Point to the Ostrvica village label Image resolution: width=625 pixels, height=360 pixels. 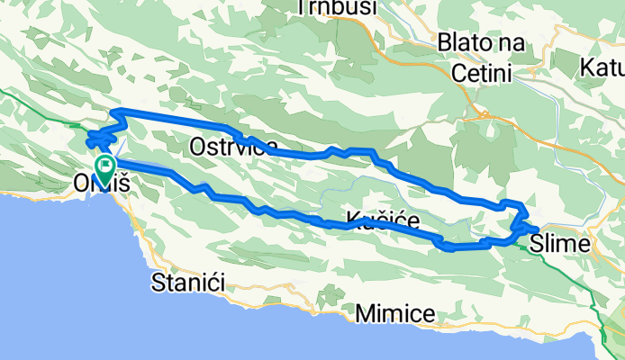point(233,147)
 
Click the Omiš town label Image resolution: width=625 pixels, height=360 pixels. point(101,184)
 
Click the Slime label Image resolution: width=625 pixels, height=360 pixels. point(559,243)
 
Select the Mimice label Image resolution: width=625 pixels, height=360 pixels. point(395,313)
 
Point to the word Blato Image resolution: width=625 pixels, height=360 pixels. point(460,42)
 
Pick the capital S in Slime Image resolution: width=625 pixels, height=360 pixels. point(537,243)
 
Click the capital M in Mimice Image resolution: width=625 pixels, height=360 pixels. point(363,313)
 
